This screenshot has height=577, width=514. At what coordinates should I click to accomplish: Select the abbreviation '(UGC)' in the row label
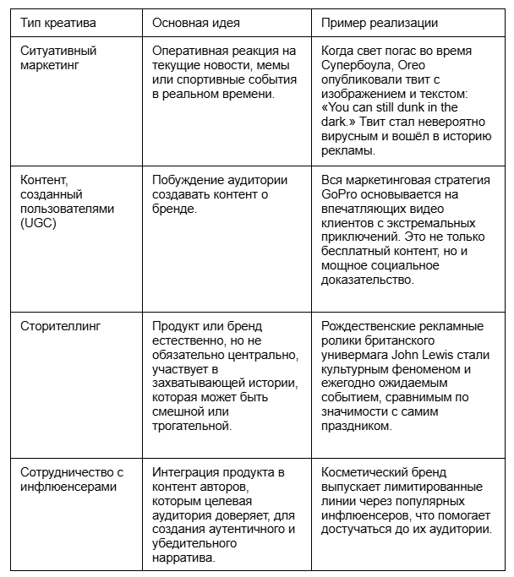[39, 222]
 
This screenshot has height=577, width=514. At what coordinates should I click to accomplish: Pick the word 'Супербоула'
[359, 65]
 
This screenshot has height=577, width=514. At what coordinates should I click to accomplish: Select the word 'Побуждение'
[188, 179]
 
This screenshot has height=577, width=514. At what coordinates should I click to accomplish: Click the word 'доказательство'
[369, 280]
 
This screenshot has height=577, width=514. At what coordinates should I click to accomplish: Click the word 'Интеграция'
[186, 471]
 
